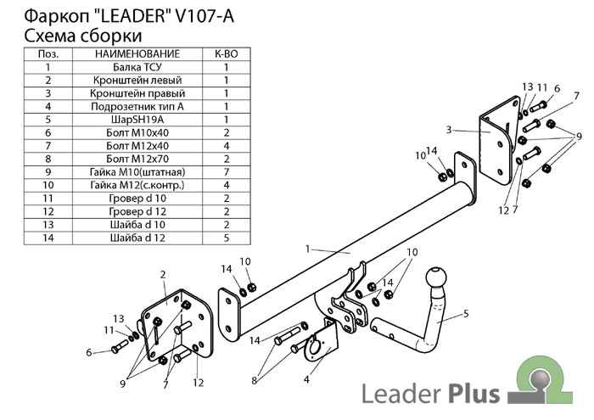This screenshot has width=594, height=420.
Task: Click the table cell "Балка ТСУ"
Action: click(x=137, y=66)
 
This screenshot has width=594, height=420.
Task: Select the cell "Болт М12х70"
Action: click(x=137, y=159)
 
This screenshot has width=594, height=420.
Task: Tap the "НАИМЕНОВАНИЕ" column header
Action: click(x=137, y=53)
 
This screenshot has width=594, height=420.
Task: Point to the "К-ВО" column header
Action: click(x=227, y=53)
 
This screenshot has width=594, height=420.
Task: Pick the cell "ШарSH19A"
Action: click(x=137, y=120)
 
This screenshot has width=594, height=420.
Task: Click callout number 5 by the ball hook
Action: click(x=466, y=314)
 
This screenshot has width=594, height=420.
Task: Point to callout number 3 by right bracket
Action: click(x=448, y=130)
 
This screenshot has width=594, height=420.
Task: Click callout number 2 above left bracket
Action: click(x=162, y=274)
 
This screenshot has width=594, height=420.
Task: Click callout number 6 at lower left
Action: click(x=88, y=352)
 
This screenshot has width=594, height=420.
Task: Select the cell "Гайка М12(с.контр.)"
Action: click(x=137, y=185)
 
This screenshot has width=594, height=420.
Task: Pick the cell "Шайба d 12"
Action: click(x=137, y=238)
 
